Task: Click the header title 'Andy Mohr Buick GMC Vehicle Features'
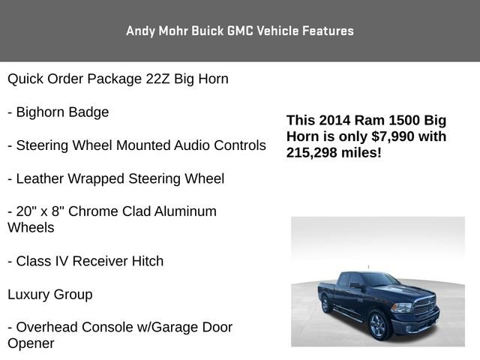[240, 31]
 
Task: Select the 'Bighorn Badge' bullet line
[58, 112]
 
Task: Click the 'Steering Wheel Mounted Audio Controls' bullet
[136, 145]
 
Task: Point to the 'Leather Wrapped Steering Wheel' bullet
[115, 178]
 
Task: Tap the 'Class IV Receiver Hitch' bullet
[85, 261]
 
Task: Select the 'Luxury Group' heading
[50, 294]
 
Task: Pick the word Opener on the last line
[31, 343]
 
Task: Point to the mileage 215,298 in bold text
[312, 152]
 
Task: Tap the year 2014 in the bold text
[333, 120]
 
